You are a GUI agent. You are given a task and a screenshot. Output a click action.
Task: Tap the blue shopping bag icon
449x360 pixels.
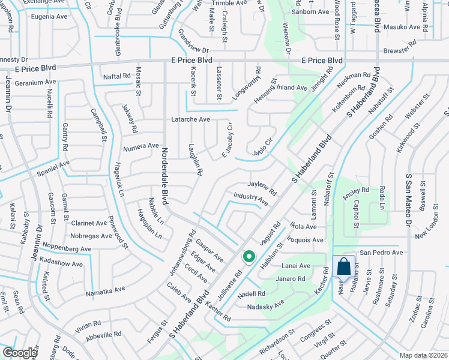click(343, 266)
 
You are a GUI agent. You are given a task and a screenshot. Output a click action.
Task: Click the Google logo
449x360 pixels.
click(20, 353)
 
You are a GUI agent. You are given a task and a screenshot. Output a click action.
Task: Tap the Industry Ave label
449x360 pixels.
click(250, 197)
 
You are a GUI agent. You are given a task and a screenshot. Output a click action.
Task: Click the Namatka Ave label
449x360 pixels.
click(105, 290)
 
